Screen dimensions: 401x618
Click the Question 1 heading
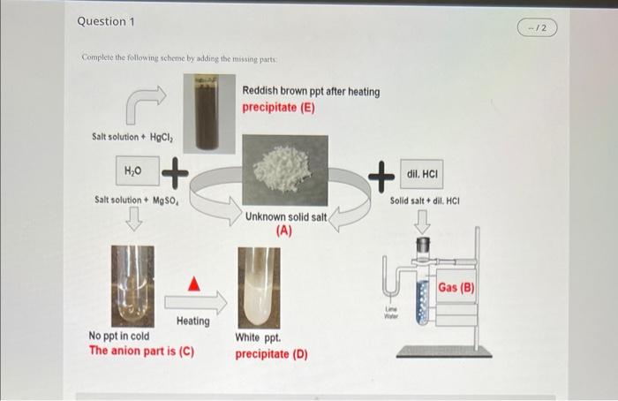tap(106, 20)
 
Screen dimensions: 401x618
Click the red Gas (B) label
tap(456, 289)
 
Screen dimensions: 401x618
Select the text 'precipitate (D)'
tap(271, 353)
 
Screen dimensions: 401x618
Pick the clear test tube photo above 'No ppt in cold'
tap(134, 284)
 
